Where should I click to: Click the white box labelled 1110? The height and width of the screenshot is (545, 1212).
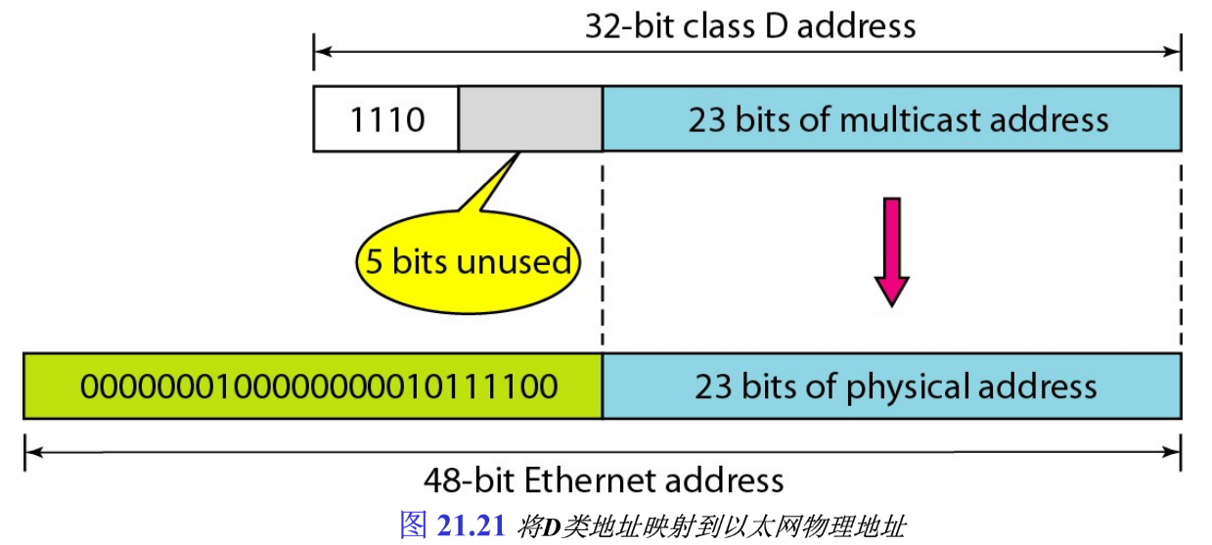point(385,119)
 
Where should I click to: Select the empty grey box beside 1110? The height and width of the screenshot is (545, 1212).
point(530,119)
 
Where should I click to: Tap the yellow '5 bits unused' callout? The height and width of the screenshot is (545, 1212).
point(468,262)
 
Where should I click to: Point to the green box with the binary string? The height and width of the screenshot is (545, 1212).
point(313,386)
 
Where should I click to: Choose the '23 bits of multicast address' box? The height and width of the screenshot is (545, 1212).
point(892,119)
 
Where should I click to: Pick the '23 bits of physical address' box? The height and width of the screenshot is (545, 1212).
point(892,386)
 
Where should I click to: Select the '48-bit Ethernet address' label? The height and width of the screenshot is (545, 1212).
point(604,480)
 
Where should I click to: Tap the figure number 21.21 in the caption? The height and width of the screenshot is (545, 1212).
point(470,525)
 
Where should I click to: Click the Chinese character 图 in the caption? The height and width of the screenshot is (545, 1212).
point(414,525)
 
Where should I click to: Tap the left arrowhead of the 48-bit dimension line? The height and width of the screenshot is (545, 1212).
point(32,452)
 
